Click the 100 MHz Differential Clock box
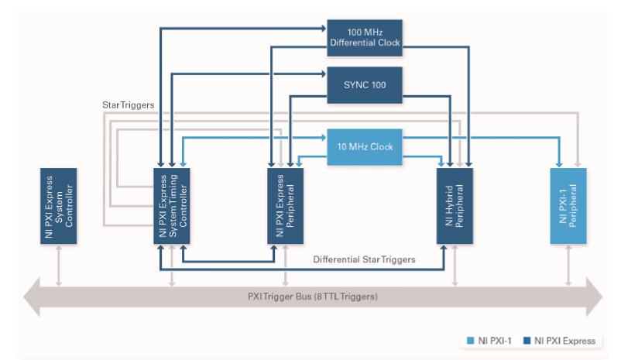point(363,36)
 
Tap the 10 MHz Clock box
point(363,146)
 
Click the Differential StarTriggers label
point(364,259)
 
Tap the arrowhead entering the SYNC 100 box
point(324,74)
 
